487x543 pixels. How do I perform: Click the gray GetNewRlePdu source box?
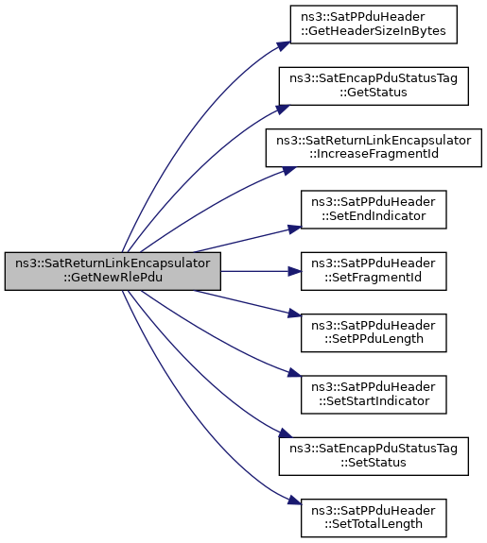(x=113, y=271)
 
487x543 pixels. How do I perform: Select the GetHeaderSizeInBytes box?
(x=374, y=25)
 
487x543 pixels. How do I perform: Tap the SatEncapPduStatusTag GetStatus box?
(x=374, y=86)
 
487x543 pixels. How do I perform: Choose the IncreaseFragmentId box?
(x=374, y=148)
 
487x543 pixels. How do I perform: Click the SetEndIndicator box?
(x=374, y=210)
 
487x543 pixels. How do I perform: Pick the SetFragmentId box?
(x=374, y=271)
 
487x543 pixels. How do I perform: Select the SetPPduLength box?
(x=374, y=332)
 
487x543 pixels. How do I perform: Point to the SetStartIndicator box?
(x=374, y=395)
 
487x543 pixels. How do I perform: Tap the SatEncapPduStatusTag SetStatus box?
(x=374, y=456)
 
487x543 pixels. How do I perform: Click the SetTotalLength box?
(x=374, y=518)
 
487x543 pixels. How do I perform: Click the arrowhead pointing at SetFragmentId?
(x=295, y=271)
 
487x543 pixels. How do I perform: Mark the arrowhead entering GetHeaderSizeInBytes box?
(x=284, y=45)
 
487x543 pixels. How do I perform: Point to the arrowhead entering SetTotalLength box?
(x=295, y=501)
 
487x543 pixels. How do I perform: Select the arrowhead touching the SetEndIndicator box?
(x=295, y=229)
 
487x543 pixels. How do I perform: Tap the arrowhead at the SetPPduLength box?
(x=295, y=314)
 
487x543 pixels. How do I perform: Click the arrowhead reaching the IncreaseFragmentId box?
(x=289, y=170)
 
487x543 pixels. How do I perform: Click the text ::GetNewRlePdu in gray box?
(x=113, y=278)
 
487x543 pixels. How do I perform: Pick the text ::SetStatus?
(x=374, y=463)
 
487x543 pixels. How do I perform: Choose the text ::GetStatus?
(x=374, y=93)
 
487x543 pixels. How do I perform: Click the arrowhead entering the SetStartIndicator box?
(x=295, y=373)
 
